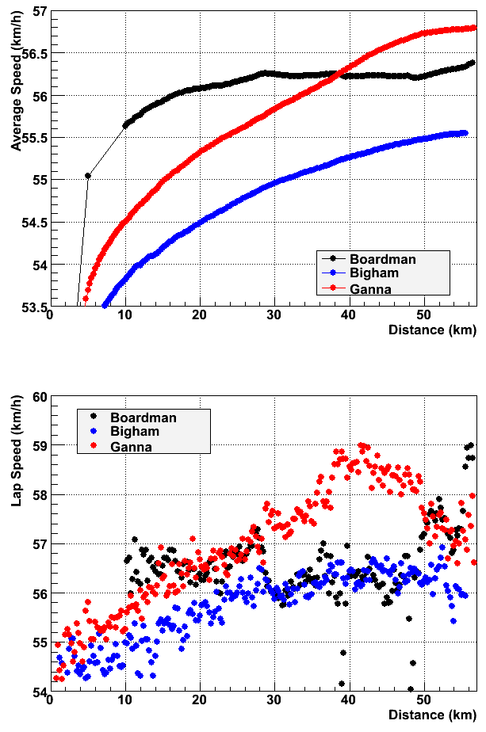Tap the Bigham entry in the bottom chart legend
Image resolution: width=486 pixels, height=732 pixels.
click(135, 432)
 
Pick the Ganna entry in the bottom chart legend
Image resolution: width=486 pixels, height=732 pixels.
click(132, 447)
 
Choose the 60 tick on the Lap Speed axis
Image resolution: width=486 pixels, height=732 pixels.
click(38, 396)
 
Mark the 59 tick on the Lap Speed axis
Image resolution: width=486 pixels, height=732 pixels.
click(38, 445)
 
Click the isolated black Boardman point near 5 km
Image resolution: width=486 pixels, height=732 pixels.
click(87, 176)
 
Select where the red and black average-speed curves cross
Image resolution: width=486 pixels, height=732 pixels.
click(339, 74)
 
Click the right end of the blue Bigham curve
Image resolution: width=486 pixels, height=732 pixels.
click(465, 133)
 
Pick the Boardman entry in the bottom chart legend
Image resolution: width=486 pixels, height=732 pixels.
click(144, 417)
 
